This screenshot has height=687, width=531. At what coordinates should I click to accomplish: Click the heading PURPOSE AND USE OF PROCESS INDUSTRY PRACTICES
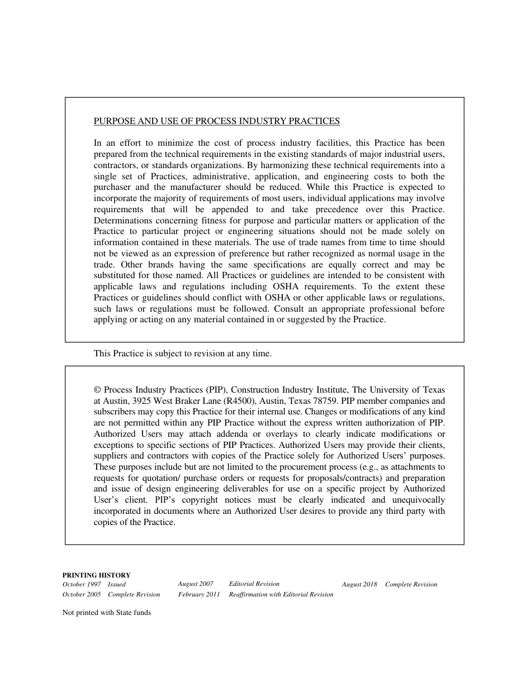pos(216,121)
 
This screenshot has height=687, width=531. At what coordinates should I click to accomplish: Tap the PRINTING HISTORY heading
pos(96,575)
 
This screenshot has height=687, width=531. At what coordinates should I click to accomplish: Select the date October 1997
pos(82,584)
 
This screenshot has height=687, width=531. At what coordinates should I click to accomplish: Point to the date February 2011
pos(199,595)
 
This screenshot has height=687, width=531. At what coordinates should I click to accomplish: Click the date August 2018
pos(359,585)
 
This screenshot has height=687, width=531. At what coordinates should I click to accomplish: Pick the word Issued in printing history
pos(117,585)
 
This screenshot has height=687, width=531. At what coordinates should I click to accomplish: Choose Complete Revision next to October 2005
pos(134,595)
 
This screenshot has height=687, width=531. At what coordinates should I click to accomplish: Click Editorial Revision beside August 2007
pos(254,584)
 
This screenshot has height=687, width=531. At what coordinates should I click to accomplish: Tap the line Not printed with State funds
pos(107,612)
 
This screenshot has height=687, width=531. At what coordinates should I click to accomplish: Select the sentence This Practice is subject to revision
pos(182,354)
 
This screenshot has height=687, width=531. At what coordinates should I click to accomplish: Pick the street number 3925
pos(143,401)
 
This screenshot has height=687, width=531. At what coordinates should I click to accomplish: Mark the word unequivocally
pos(418,500)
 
